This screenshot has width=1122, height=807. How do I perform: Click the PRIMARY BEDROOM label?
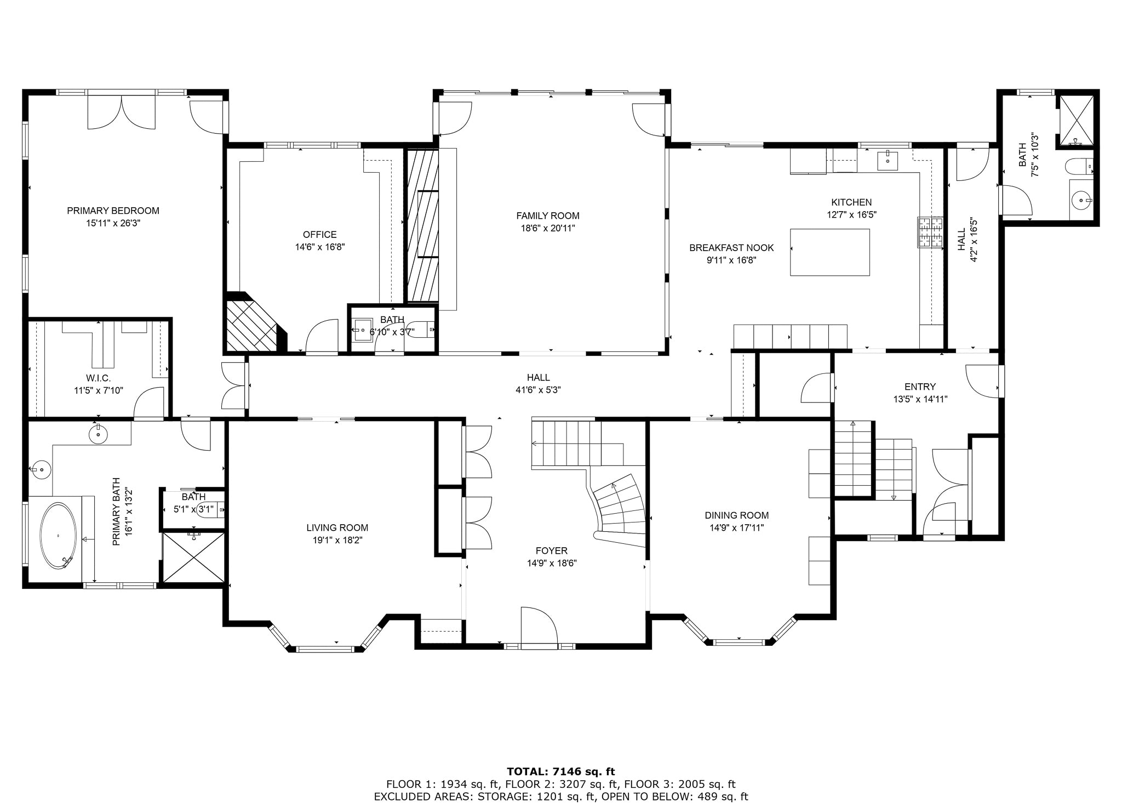point(113,211)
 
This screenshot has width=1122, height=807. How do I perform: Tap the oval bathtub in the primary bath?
point(58,536)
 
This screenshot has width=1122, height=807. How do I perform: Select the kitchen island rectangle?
point(829,252)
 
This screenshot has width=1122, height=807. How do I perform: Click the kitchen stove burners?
point(931,232)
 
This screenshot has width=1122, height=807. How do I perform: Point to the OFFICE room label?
point(320,235)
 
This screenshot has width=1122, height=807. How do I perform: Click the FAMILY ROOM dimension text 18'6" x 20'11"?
point(548,229)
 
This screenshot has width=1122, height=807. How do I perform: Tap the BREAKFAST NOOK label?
point(731,248)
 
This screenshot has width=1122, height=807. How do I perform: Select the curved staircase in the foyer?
point(619,507)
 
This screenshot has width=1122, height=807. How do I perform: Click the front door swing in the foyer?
point(539,625)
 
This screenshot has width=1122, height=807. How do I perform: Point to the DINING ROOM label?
point(737,515)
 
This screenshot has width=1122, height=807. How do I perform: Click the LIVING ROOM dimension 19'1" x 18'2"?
point(337,540)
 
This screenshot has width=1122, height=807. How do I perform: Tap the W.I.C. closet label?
point(99,378)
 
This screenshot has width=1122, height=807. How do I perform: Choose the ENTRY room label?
point(920,387)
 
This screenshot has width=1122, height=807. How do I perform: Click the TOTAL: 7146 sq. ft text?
point(561,772)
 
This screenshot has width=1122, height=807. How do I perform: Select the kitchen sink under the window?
point(888,160)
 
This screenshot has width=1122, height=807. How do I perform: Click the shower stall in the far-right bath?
point(1075,128)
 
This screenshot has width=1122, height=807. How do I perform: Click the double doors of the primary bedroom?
point(122,112)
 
